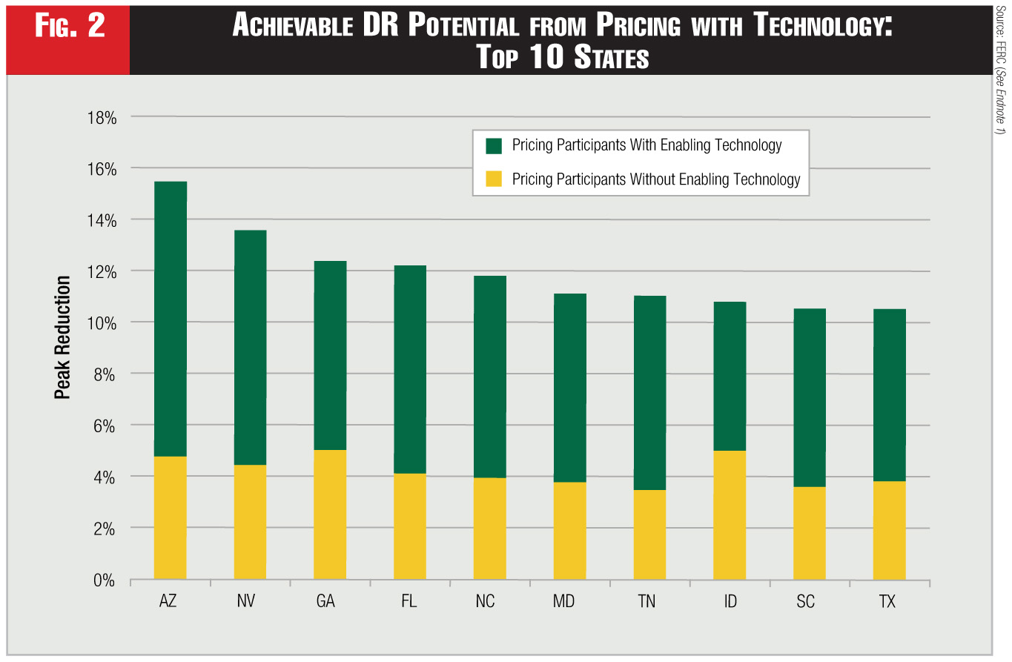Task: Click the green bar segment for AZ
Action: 170,319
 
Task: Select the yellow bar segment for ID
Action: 730,514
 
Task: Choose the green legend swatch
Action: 494,145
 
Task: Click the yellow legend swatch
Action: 494,179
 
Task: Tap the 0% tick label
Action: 105,580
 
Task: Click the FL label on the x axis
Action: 409,601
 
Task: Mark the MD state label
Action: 563,601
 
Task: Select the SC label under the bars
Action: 805,601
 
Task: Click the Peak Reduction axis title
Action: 63,337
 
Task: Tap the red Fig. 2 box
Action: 70,27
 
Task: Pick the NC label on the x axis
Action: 486,601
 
